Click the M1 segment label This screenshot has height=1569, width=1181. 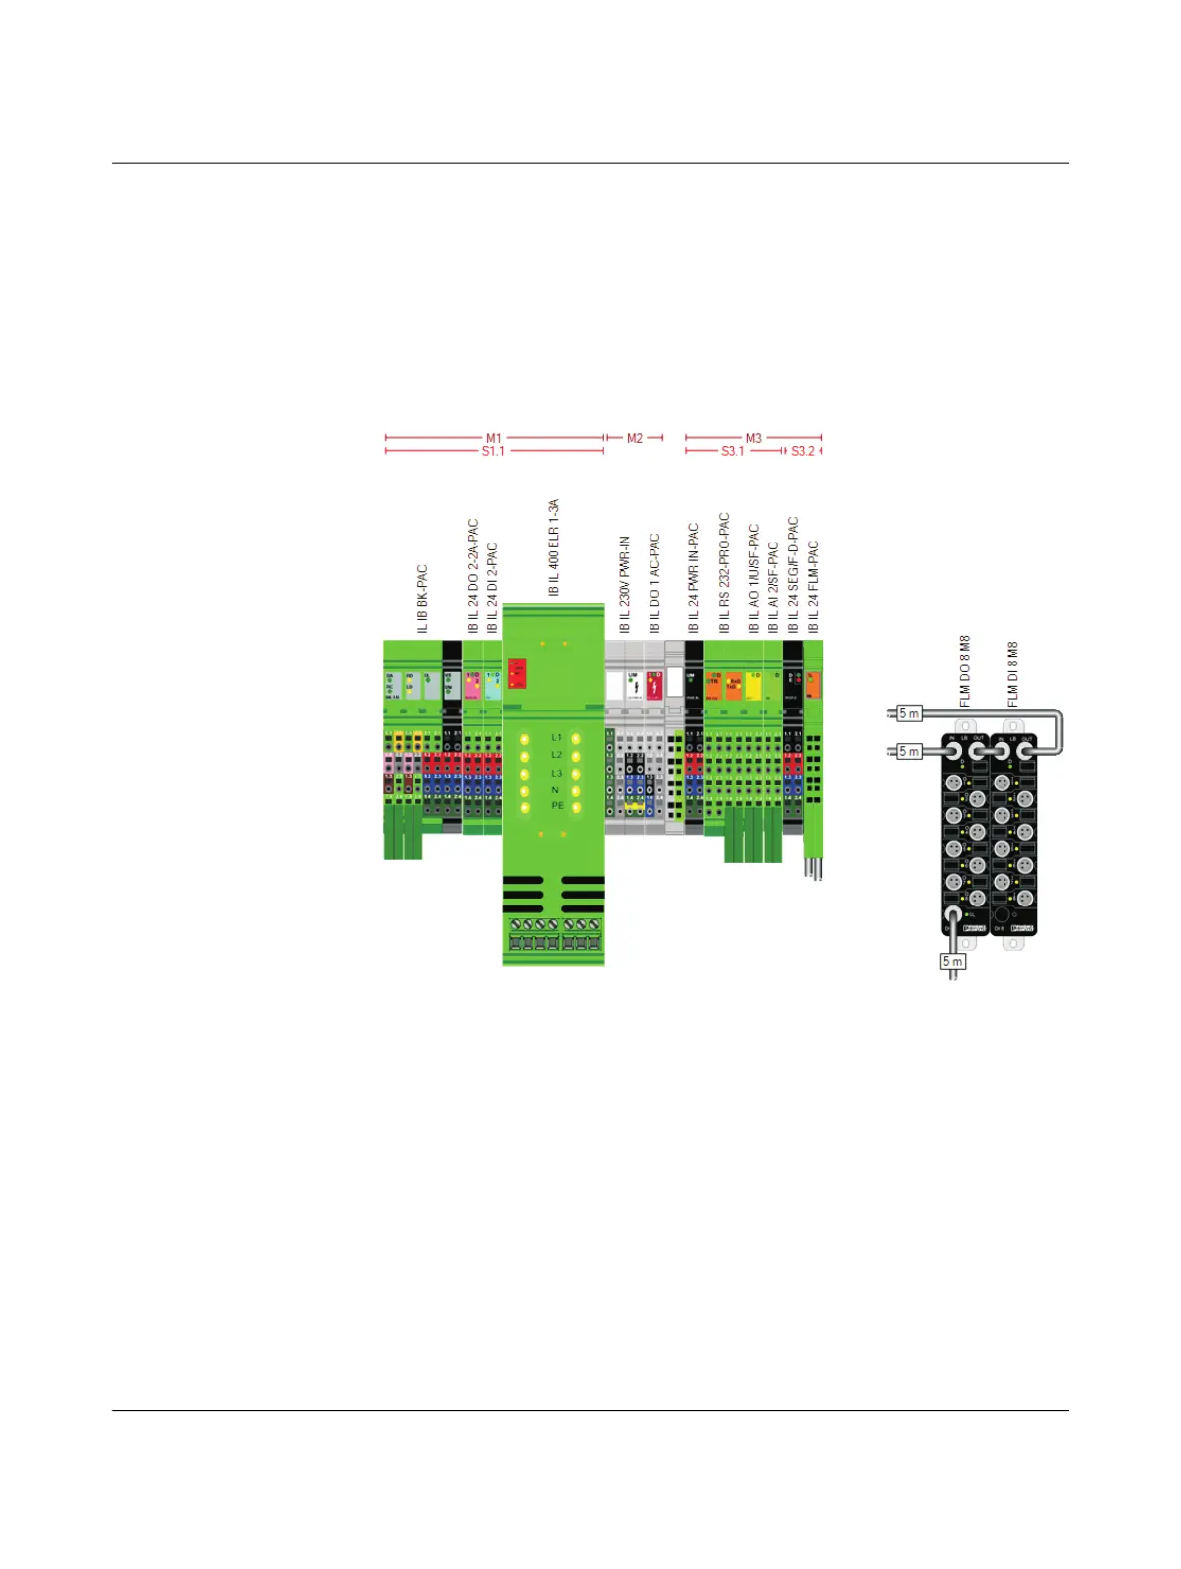click(x=493, y=438)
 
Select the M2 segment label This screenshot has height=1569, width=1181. click(x=635, y=438)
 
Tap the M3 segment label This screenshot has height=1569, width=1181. click(x=754, y=438)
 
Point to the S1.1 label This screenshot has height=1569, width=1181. click(x=493, y=452)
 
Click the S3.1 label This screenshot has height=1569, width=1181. click(x=732, y=452)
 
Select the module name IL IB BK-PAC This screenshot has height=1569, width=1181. click(x=422, y=599)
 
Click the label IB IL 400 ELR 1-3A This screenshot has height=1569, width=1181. click(x=554, y=547)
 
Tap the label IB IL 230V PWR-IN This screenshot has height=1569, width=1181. click(x=625, y=584)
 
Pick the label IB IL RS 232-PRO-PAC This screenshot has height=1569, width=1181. click(x=724, y=572)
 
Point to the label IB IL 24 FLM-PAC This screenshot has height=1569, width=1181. click(x=813, y=586)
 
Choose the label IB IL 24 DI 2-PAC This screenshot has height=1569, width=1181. click(x=492, y=587)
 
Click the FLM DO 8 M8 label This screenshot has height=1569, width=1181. click(x=965, y=671)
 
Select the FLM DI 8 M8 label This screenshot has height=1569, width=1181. click(x=1012, y=674)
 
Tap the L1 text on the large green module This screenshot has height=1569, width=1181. click(x=556, y=738)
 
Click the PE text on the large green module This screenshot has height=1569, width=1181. click(x=557, y=806)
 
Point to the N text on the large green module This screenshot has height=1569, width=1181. click(x=555, y=790)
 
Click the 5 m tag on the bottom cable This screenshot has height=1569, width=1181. click(x=952, y=961)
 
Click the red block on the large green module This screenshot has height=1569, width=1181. click(x=517, y=672)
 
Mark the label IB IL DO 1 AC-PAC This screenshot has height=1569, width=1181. click(x=654, y=583)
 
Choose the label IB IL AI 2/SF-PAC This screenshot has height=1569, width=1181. click(x=773, y=587)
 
